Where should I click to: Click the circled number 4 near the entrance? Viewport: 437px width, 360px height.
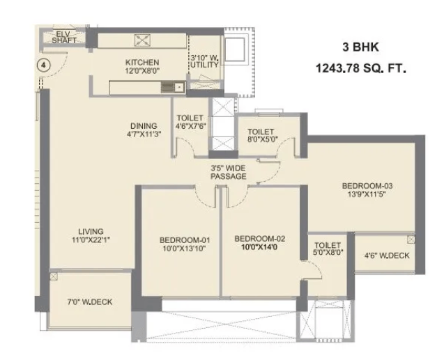43,65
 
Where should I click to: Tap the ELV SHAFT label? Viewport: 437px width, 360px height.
64,38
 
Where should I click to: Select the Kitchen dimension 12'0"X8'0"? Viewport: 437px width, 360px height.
142,71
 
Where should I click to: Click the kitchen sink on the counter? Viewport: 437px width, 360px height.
173,88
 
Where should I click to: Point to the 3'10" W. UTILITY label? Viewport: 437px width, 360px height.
204,61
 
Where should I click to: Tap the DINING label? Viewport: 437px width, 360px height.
144,126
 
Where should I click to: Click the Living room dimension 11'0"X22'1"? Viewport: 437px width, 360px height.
91,240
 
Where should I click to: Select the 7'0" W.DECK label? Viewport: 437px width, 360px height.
90,302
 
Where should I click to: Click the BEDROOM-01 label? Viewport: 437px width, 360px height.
185,240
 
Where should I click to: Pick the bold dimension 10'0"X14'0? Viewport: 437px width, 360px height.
259,247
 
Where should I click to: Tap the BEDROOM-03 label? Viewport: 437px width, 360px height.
367,186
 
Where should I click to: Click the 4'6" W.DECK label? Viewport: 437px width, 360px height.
387,256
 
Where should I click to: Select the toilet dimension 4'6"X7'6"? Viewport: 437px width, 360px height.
191,126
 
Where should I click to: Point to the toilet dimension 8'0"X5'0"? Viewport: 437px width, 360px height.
263,139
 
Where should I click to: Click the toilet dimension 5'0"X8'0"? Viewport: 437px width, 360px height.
328,253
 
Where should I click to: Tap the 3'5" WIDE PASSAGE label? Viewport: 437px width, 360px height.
229,173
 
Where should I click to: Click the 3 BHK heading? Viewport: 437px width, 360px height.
360,47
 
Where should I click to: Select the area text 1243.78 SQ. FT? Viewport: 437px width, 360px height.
360,68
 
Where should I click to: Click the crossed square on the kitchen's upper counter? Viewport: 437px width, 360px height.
142,40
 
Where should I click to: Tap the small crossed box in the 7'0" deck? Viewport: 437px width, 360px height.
54,276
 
